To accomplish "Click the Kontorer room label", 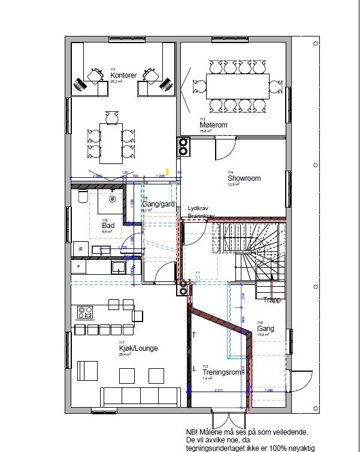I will [123, 75].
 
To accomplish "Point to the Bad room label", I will [108, 225].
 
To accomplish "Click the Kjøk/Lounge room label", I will [138, 348].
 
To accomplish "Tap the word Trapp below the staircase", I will [272, 300].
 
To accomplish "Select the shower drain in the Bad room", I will [112, 198].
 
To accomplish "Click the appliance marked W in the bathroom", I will [79, 248].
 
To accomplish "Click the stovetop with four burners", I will [85, 312].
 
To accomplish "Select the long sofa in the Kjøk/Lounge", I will [141, 397].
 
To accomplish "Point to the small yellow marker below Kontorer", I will [168, 172].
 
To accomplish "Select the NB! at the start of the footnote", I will [193, 431].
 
